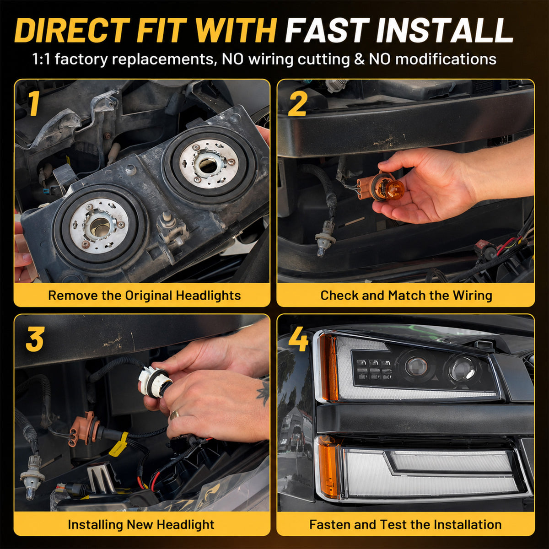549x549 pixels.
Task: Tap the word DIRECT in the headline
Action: click(71, 31)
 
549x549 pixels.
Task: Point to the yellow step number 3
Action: click(35, 339)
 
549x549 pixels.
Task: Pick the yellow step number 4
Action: click(298, 339)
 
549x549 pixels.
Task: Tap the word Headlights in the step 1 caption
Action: click(208, 296)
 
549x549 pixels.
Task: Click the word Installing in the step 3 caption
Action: click(96, 524)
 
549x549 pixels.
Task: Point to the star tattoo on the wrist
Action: click(263, 393)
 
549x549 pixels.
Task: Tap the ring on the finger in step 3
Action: click(175, 414)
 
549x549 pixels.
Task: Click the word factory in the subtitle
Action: click(81, 59)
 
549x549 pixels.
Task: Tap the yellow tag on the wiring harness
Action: click(119, 444)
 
